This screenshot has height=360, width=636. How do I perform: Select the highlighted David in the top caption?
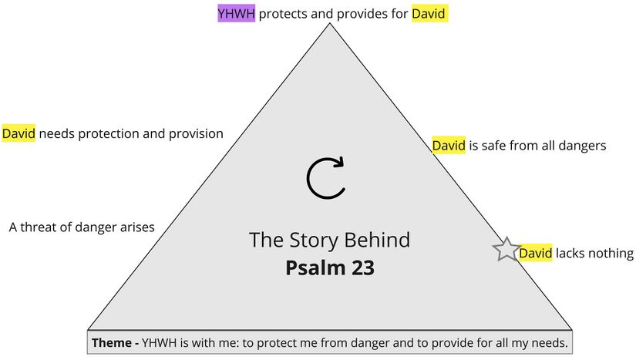tap(429, 13)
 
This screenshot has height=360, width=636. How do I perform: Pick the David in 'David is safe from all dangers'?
tap(449, 145)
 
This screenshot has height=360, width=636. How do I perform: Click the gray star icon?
tap(506, 250)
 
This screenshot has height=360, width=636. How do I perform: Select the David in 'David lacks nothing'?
tap(535, 253)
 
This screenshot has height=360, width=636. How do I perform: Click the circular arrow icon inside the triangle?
tap(326, 177)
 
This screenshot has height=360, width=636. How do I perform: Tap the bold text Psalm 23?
tap(329, 267)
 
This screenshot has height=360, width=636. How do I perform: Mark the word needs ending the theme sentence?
tap(550, 342)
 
